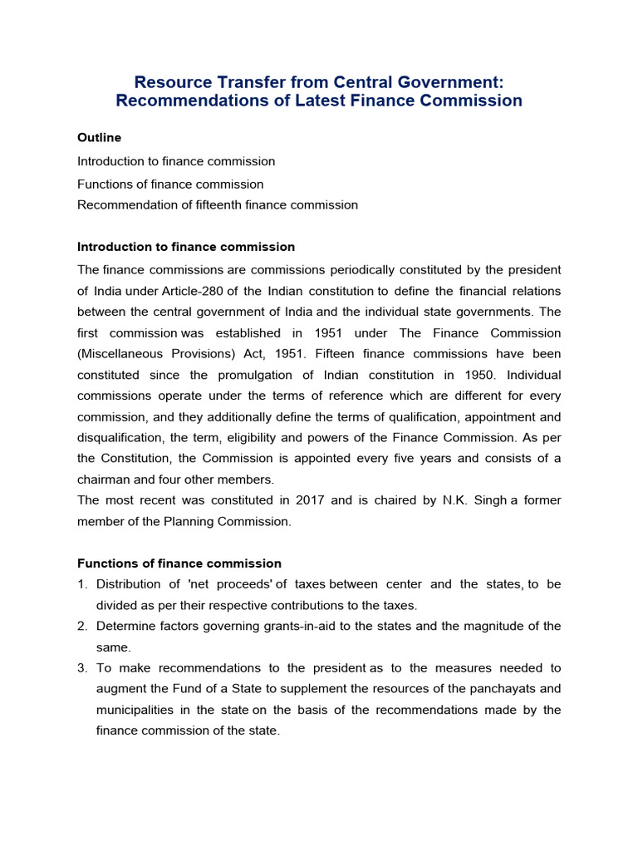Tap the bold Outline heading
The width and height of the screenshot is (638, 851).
[99, 137]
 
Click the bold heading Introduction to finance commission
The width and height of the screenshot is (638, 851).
[186, 247]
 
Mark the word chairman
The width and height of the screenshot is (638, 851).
[107, 480]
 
